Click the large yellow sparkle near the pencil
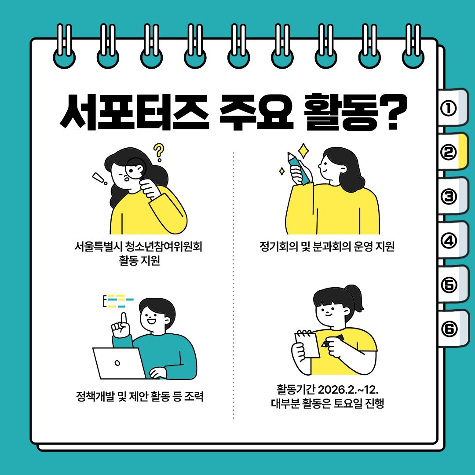(x=303, y=151)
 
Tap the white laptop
(x=119, y=363)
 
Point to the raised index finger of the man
(x=124, y=320)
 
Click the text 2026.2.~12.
(x=348, y=389)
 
